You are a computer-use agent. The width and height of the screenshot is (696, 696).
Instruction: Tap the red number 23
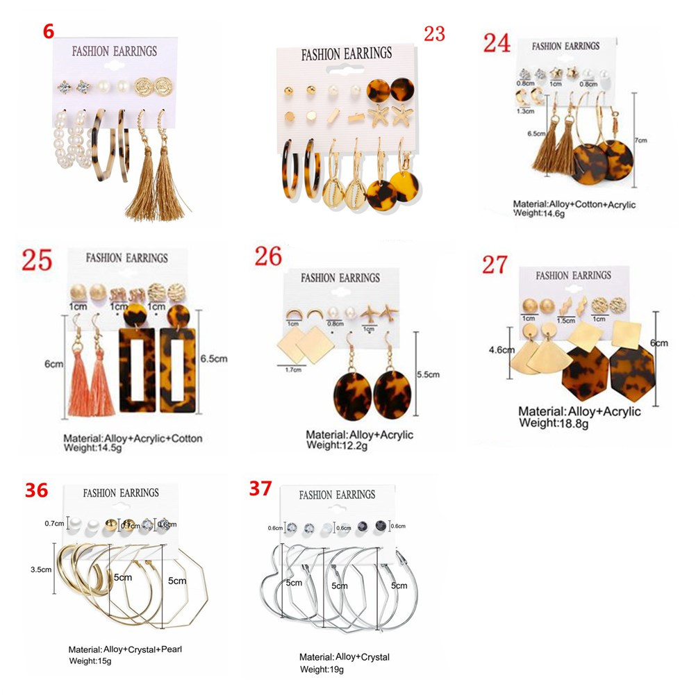click(x=434, y=33)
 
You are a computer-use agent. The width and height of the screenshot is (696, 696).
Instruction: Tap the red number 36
click(x=36, y=490)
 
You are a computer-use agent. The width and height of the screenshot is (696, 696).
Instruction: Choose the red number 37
click(x=260, y=488)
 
